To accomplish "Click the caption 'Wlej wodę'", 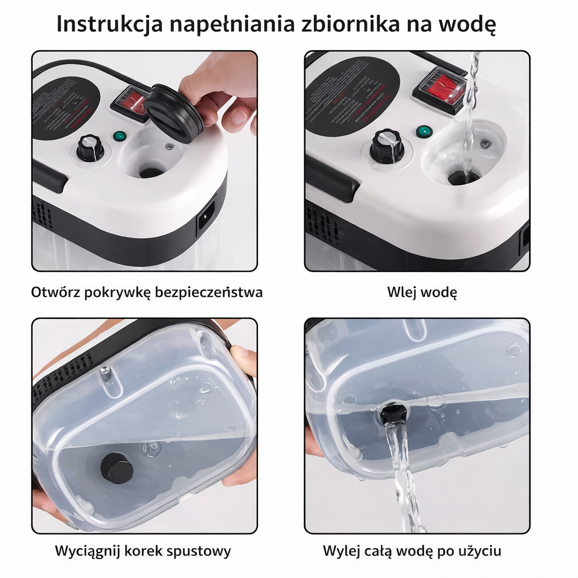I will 422,292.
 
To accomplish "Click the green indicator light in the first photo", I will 119,137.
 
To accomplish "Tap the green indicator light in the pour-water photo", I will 423,132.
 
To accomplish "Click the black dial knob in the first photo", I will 90,148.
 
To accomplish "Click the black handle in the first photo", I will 50,175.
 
